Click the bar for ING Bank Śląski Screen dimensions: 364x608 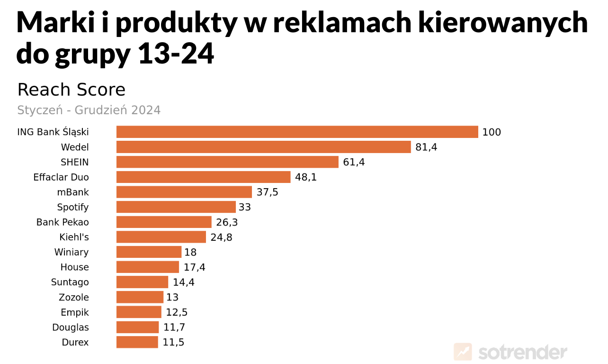(297, 132)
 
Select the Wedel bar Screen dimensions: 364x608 (263, 147)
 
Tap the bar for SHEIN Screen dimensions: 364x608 (227, 162)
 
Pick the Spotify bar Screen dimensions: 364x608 (176, 207)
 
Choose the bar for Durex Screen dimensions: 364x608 (137, 342)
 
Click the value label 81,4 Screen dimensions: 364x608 (426, 147)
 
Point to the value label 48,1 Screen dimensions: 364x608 (306, 177)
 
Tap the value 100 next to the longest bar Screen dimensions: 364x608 (492, 132)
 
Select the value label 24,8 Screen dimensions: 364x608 (221, 237)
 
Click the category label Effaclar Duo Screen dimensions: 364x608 (61, 177)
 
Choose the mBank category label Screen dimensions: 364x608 (73, 192)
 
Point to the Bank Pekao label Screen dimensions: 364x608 (63, 222)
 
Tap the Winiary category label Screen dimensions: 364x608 (72, 252)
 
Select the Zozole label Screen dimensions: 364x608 (74, 297)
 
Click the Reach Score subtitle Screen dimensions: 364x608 (71, 90)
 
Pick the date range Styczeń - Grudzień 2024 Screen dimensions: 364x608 (89, 110)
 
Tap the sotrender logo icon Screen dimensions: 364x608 (463, 352)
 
